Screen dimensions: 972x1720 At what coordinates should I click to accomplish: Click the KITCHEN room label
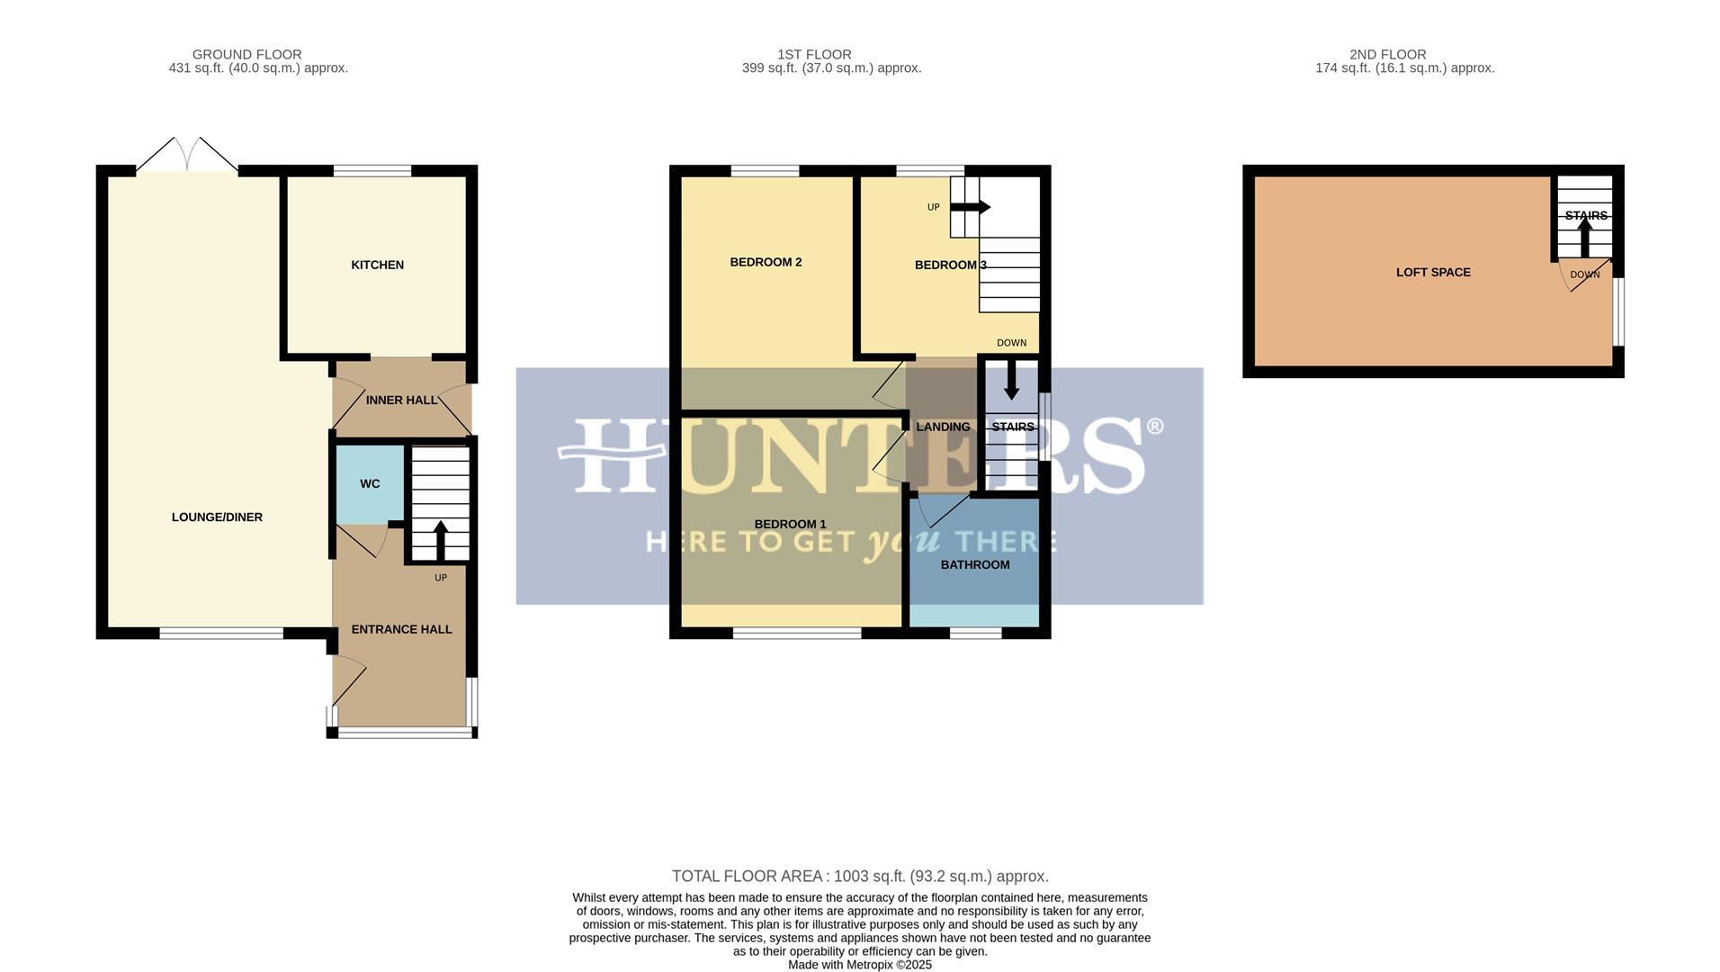[x=377, y=265]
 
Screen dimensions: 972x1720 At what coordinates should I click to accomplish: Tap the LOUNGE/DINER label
[x=217, y=517]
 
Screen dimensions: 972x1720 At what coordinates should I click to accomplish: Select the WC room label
[x=370, y=484]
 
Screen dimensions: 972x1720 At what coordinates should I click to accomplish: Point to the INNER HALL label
[x=401, y=400]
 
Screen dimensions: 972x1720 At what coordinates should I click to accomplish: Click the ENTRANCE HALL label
[x=401, y=630]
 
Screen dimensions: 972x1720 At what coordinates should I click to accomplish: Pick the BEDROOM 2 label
[x=766, y=263]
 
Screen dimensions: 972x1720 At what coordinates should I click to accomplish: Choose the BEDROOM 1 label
[x=790, y=525]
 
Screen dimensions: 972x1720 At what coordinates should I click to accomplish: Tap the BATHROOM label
[x=975, y=565]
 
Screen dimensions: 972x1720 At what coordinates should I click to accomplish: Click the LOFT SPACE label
[x=1433, y=273]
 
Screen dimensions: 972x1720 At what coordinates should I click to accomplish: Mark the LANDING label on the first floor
[x=943, y=427]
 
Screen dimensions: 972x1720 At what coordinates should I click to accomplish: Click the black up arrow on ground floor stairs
[x=441, y=540]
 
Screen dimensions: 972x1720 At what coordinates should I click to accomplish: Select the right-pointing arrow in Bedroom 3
[x=971, y=207]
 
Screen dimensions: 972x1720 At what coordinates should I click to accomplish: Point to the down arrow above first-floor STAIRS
[x=1011, y=380]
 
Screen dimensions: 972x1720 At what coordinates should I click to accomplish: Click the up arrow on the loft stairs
[x=1585, y=238]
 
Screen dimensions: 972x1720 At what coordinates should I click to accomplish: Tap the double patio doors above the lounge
[x=187, y=155]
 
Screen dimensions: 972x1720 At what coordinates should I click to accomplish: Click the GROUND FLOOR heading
[x=246, y=55]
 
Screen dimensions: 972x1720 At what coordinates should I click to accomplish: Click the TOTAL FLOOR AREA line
[x=860, y=877]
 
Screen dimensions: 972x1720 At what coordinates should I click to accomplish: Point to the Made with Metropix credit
[x=860, y=965]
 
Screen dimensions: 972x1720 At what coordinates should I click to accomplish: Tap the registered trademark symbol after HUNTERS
[x=1154, y=427]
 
